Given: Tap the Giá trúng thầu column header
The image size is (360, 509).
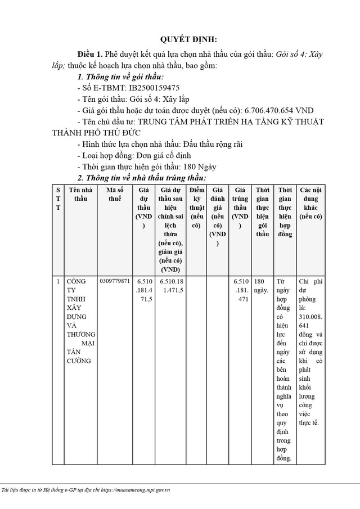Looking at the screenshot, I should [x=240, y=208].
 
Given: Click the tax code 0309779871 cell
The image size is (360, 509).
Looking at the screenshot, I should [x=114, y=281].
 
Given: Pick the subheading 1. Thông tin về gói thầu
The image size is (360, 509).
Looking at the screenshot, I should [x=120, y=76].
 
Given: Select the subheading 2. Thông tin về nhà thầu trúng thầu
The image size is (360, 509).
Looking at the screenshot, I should [x=141, y=178].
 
